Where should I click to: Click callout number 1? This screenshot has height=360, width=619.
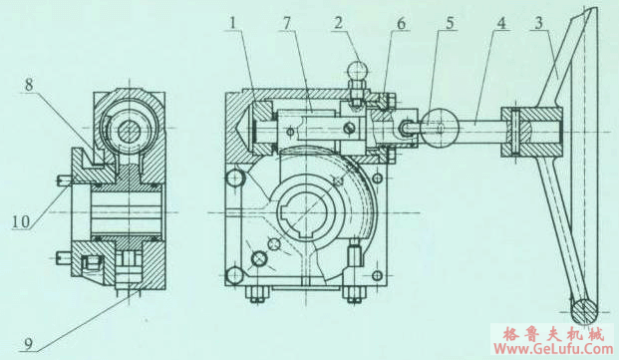point(232,23)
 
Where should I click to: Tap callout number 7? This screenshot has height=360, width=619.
point(286,23)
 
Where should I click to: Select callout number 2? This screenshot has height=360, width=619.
point(338,23)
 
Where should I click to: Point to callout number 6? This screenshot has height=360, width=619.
point(401,24)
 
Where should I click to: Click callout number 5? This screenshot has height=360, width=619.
point(450,23)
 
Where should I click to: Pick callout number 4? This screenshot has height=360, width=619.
point(500,23)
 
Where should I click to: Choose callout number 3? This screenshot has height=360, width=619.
point(539,23)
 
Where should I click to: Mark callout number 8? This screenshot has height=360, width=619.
point(29,85)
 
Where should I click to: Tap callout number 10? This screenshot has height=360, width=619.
point(21,221)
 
